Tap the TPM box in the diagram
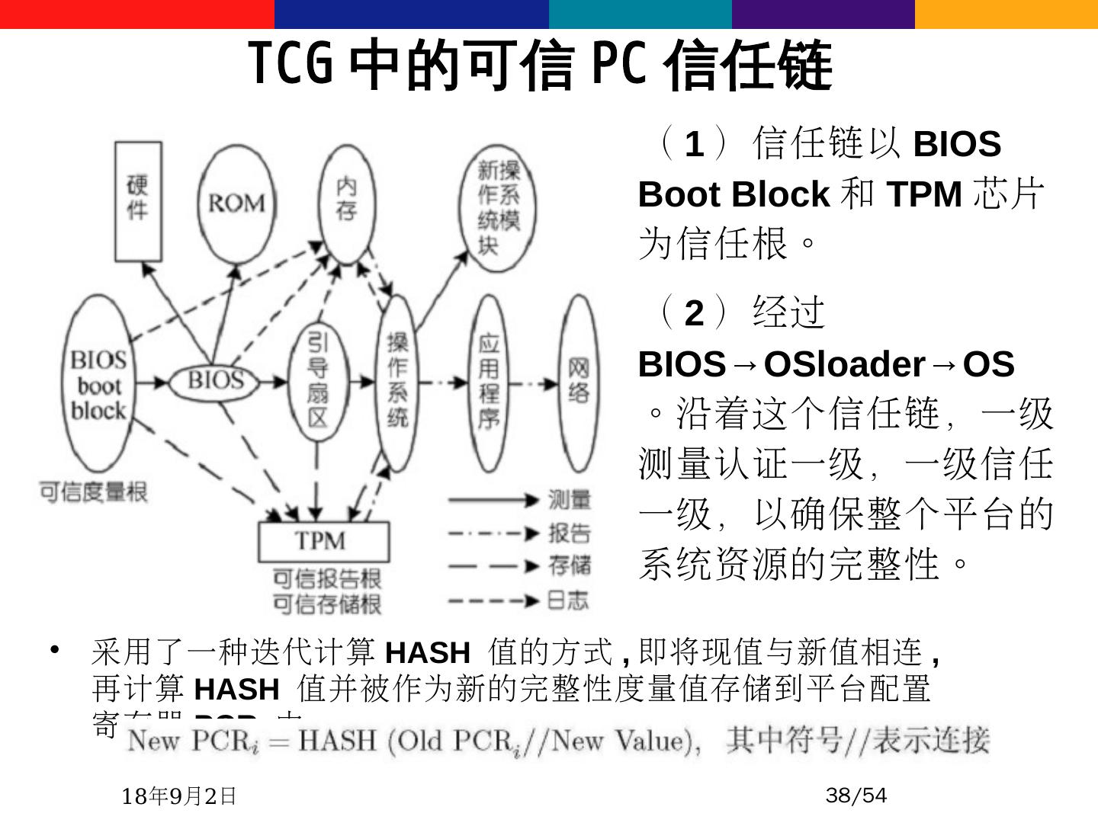(324, 541)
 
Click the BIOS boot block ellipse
(100, 385)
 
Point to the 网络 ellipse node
(579, 382)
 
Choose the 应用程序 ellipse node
(489, 383)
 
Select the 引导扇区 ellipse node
(318, 382)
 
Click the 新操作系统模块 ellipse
(498, 207)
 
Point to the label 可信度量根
(93, 492)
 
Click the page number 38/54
(856, 796)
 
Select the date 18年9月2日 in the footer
(179, 796)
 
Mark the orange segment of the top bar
(1006, 14)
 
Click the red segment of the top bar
(137, 14)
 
